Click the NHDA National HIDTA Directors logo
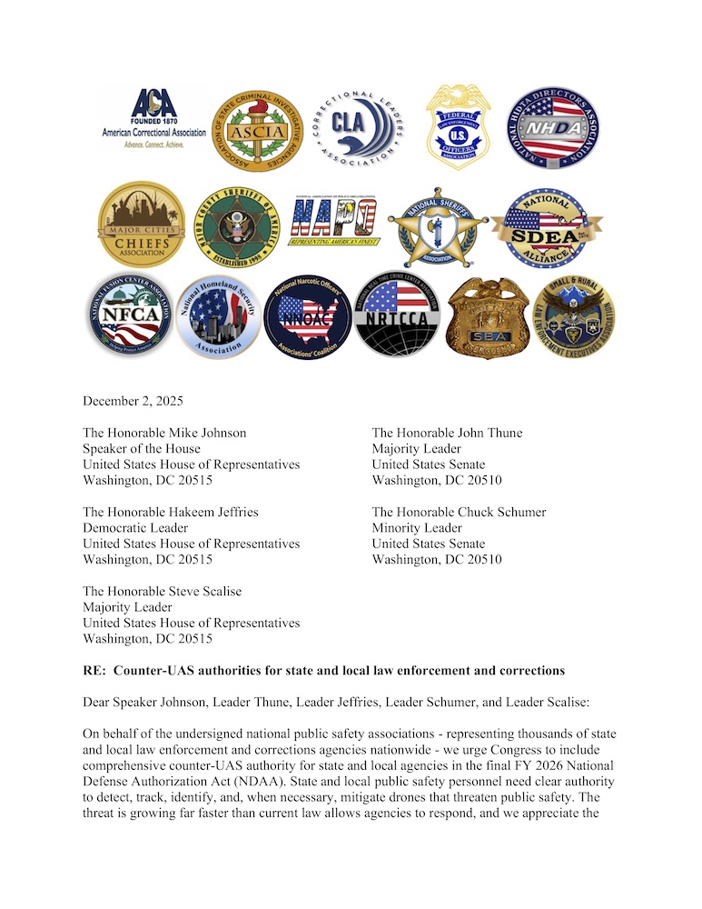(x=552, y=128)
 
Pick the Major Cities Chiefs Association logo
(x=141, y=225)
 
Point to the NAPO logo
(x=333, y=224)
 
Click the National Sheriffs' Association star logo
(x=437, y=227)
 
